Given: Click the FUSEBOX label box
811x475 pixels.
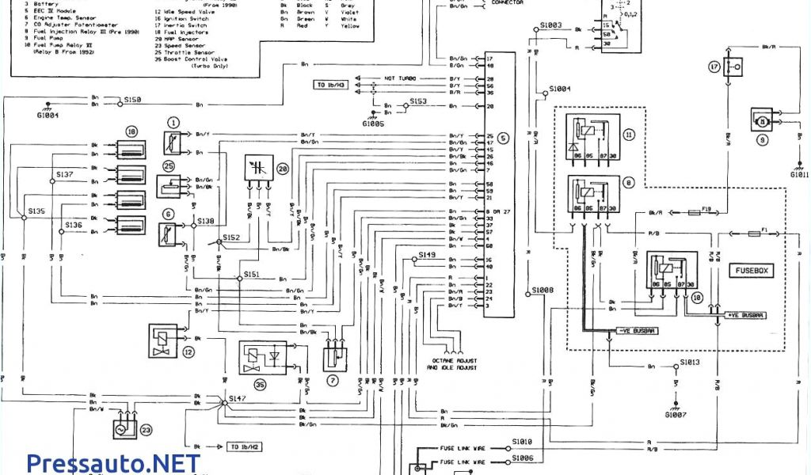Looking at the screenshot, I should coord(751,272).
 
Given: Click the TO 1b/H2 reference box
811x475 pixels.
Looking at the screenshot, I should coord(245,446).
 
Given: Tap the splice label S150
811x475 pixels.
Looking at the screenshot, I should coord(132,101).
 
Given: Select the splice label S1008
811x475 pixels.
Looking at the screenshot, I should coord(543,291).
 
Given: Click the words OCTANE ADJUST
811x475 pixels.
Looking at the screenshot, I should coord(452,360).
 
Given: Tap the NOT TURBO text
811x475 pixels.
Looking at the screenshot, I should coord(400,79).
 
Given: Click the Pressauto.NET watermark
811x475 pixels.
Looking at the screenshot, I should coord(112,462).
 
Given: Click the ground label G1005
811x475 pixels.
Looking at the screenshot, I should coord(373,124).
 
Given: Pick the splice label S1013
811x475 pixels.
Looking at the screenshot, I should coord(689,362).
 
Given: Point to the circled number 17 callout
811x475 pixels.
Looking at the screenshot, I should coord(714,67).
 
